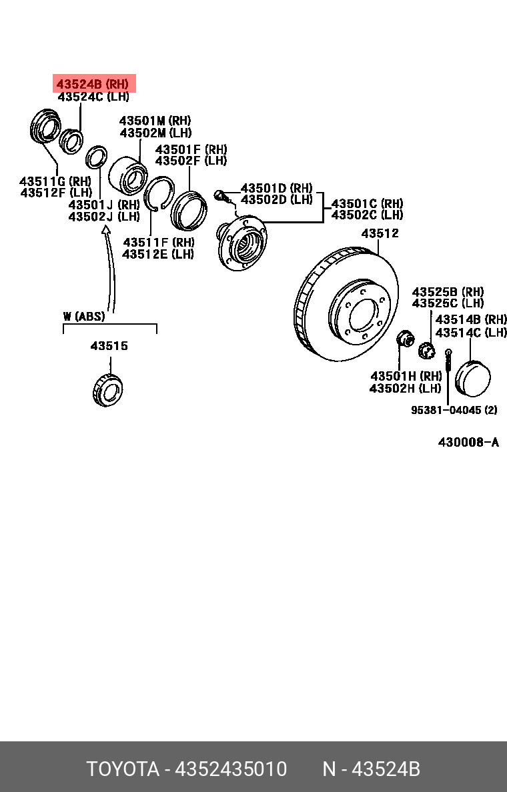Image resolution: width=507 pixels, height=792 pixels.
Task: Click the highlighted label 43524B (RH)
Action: pos(93,85)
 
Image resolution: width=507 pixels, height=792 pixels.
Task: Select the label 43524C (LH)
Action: pos(93,97)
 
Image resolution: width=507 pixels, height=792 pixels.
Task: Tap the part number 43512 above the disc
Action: pos(380,233)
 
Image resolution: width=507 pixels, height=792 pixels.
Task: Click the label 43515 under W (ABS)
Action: pos(109,346)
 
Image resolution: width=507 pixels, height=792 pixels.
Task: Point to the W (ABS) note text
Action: pos(85,316)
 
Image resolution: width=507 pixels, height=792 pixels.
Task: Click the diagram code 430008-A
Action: pos(468,443)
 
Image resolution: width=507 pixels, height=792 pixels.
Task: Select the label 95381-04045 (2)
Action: pos(454,410)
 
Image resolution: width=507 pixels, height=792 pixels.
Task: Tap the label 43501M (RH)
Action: pos(155,121)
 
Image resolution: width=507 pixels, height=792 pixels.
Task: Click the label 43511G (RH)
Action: pos(55,181)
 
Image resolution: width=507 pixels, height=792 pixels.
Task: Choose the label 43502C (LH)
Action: pos(367,215)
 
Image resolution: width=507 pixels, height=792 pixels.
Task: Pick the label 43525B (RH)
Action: pos(448,292)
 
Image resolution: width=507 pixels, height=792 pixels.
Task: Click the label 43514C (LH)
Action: pos(471,332)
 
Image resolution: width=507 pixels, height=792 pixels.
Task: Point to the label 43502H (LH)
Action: pos(405,388)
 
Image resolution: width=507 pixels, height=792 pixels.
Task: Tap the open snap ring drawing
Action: pos(160,193)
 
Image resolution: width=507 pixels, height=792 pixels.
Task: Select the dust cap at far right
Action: pos(473,377)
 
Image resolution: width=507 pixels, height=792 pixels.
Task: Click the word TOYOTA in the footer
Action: pos(122,769)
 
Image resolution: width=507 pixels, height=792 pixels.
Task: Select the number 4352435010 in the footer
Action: pos(231,769)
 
